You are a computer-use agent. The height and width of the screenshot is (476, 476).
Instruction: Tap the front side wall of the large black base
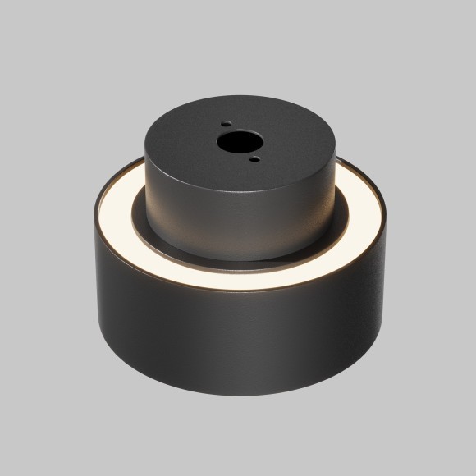238,345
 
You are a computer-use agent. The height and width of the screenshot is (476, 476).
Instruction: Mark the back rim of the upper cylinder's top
238,99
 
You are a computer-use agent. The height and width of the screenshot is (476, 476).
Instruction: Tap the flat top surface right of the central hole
291,141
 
